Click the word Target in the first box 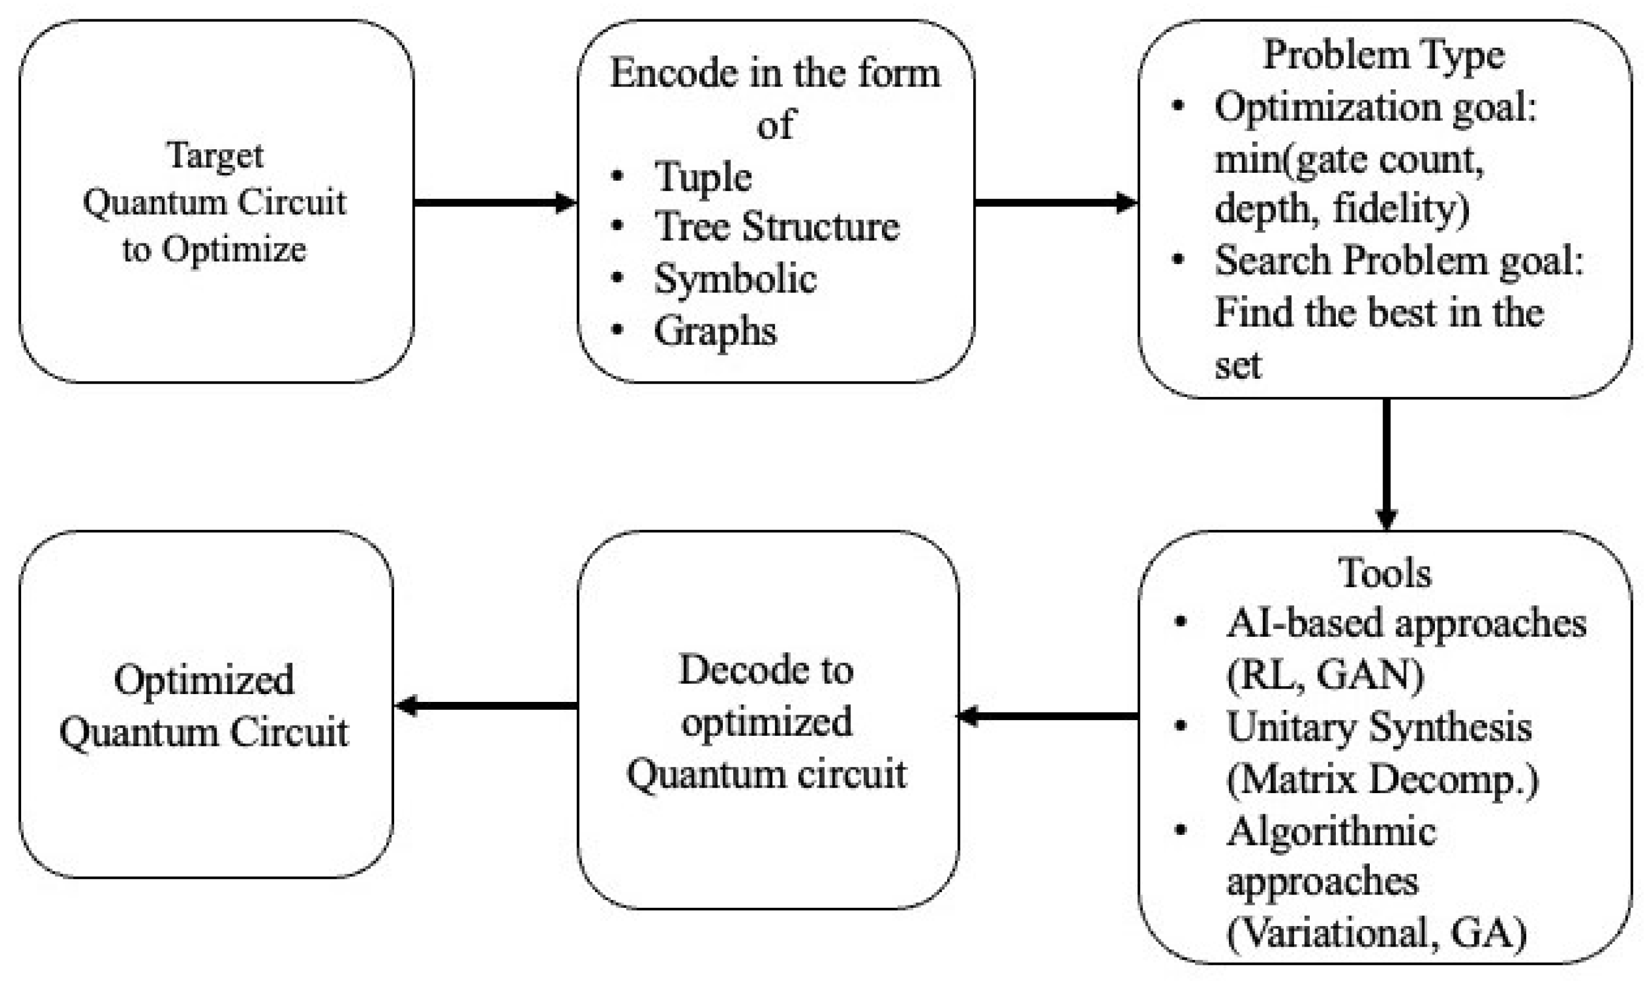pyautogui.click(x=215, y=156)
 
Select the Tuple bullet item pyautogui.click(x=702, y=177)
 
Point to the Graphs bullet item pyautogui.click(x=714, y=330)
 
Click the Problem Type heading pyautogui.click(x=1384, y=54)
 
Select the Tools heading pyautogui.click(x=1385, y=573)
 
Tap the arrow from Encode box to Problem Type pyautogui.click(x=1055, y=202)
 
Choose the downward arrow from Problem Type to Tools pyautogui.click(x=1386, y=463)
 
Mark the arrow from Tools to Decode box pyautogui.click(x=1048, y=716)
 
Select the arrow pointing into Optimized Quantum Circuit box pyautogui.click(x=486, y=706)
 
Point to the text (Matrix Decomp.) pyautogui.click(x=1382, y=779)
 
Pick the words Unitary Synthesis pyautogui.click(x=1379, y=727)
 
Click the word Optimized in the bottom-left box pyautogui.click(x=204, y=680)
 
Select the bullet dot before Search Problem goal pyautogui.click(x=1178, y=259)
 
